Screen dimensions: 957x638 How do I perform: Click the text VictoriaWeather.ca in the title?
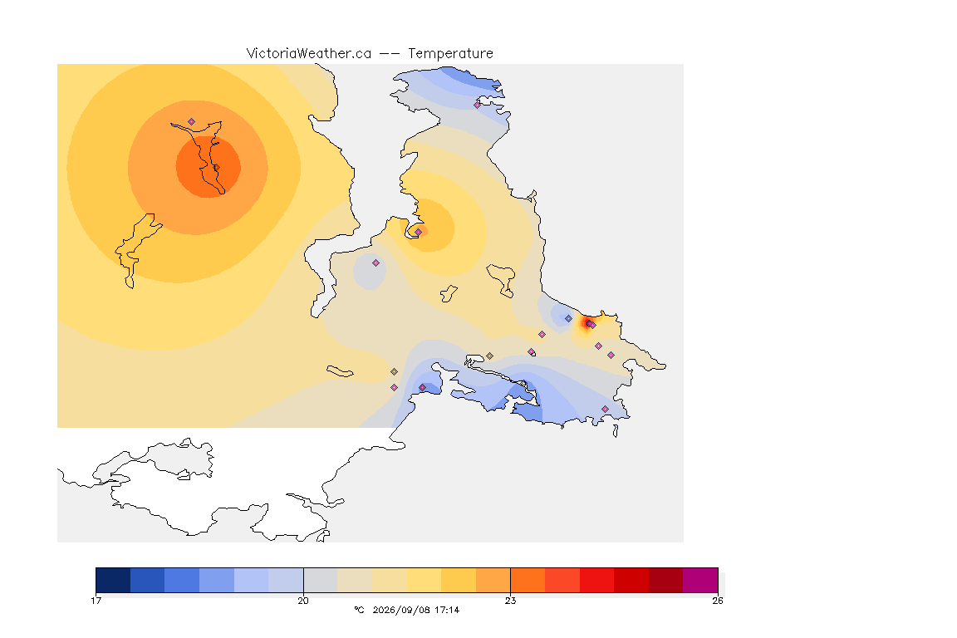(x=309, y=54)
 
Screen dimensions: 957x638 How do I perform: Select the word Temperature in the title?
(x=450, y=54)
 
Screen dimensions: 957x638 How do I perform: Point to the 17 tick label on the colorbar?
(x=96, y=601)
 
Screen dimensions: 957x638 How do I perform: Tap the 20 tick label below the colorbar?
(x=303, y=601)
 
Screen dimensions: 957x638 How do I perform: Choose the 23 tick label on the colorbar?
(x=510, y=601)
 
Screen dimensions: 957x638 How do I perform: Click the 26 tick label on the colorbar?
(x=718, y=601)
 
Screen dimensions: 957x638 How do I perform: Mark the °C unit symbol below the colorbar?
(x=359, y=610)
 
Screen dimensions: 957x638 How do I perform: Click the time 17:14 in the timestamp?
(x=447, y=610)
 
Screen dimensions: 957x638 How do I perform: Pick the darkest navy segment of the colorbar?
(x=113, y=580)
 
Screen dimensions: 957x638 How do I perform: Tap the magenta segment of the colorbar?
(x=700, y=580)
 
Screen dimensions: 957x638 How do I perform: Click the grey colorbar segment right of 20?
(x=321, y=580)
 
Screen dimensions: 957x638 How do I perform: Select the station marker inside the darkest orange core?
(x=216, y=167)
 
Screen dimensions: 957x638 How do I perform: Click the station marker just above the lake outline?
(x=192, y=122)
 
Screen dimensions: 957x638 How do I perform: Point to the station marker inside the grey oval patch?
(x=376, y=263)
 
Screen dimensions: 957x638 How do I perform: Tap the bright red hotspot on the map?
(x=588, y=323)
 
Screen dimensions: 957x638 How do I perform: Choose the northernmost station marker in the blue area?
(x=478, y=105)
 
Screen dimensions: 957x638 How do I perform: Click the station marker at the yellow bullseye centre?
(x=419, y=232)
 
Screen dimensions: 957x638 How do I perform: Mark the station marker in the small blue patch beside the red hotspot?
(x=569, y=319)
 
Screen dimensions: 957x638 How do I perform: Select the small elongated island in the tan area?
(x=340, y=371)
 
